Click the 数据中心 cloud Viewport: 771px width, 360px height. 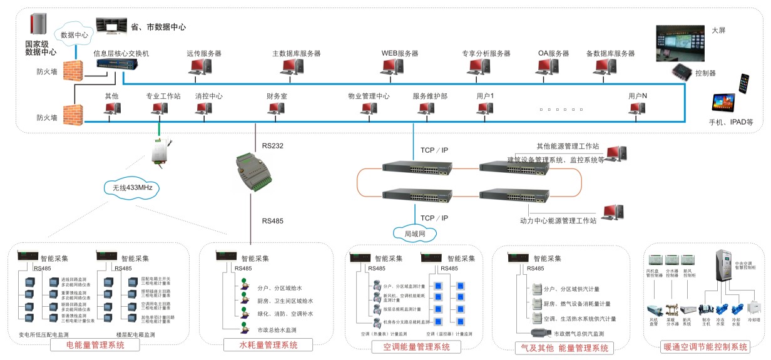74,35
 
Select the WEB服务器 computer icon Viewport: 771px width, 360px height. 400,69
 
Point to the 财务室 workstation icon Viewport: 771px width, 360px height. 276,109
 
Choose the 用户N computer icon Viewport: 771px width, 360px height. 637,109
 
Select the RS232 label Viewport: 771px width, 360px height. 273,146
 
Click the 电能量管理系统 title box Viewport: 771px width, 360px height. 103,344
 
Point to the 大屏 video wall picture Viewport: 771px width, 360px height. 680,43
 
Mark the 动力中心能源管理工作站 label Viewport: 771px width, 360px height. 558,220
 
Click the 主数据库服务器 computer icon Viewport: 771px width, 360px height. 295,69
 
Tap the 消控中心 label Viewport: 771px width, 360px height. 208,96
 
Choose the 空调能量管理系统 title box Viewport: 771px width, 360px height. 411,347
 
